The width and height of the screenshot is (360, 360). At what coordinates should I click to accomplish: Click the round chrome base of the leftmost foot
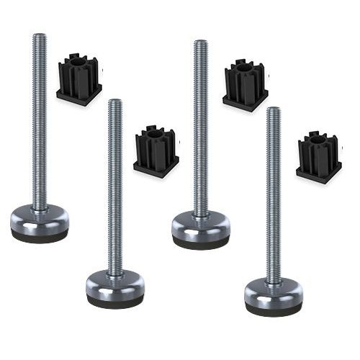coord(40,219)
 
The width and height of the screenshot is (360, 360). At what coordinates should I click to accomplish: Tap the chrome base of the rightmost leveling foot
coord(273,292)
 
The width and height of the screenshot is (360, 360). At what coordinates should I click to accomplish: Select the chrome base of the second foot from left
coord(114,283)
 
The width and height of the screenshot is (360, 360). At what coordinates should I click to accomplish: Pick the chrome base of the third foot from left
coord(201,225)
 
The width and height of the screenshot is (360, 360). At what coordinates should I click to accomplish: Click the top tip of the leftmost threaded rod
coord(39,35)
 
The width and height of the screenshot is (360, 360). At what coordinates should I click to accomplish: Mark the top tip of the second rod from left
coord(114,102)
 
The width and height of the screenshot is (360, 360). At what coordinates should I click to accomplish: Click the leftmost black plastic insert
coord(79,80)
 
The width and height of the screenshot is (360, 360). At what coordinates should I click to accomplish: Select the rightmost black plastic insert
coord(318,156)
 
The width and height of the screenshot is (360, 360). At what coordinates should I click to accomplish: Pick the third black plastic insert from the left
coord(245,85)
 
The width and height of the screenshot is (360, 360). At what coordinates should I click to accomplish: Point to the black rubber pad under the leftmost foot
coord(40,236)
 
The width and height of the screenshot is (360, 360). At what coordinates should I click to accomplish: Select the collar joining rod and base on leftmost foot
coord(40,207)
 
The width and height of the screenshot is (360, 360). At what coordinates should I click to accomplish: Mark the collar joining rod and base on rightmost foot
coord(273,282)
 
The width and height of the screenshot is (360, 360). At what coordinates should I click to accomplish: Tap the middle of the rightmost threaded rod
coord(273,194)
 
